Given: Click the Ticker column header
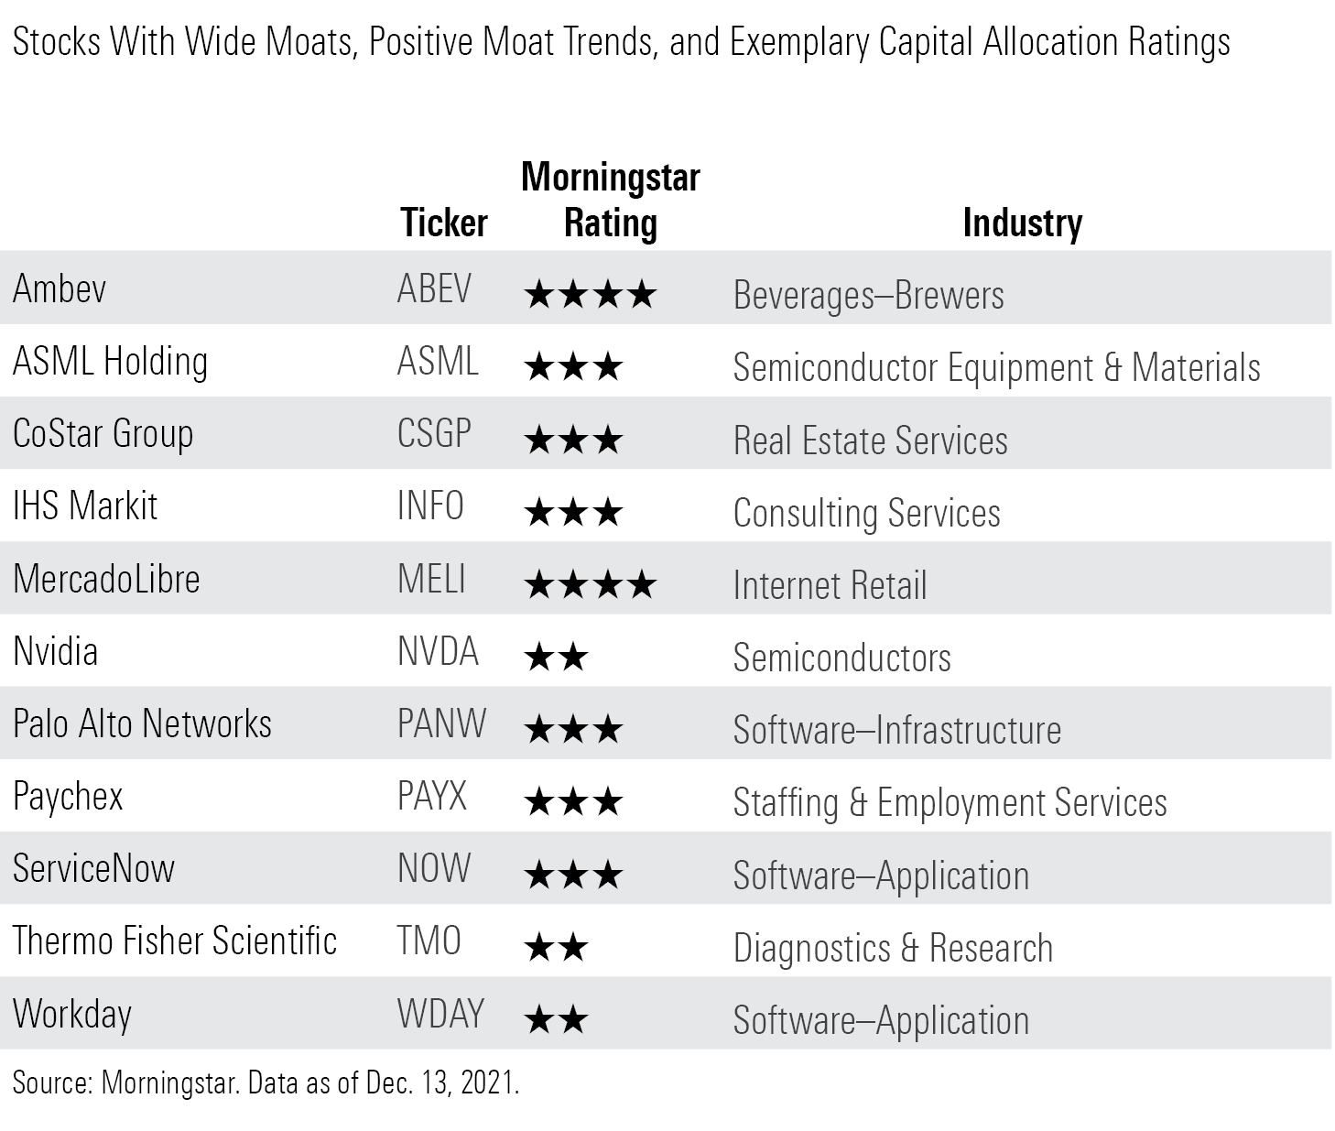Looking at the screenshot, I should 444,223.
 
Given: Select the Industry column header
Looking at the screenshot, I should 1022,223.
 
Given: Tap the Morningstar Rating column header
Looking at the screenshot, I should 610,201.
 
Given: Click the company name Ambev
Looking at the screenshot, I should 60,289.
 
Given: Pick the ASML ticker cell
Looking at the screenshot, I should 438,362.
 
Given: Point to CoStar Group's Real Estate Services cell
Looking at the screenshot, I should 870,440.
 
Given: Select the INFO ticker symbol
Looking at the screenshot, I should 430,506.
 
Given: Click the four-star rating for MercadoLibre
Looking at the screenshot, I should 590,584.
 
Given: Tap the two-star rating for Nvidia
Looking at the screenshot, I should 556,657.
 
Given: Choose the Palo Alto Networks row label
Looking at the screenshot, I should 142,724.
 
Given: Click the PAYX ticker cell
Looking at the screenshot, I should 432,797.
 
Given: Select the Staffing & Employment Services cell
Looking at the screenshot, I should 950,802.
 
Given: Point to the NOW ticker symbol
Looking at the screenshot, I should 434,869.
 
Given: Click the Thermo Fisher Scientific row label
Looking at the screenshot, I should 175,941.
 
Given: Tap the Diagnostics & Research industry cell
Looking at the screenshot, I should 893,948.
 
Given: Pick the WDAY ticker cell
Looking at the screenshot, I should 440,1014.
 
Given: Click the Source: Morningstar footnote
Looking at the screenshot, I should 266,1083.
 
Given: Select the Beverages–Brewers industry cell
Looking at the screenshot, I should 868,296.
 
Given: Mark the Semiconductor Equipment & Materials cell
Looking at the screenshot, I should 996,368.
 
